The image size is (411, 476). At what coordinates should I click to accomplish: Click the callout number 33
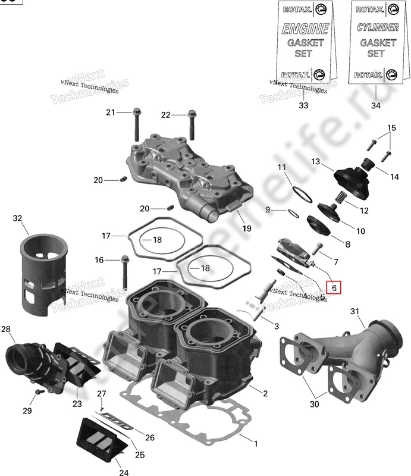click(304, 105)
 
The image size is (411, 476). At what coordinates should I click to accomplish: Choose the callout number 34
click(375, 105)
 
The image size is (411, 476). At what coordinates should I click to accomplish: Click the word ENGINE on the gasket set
click(305, 29)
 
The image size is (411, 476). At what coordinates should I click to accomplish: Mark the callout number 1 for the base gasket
click(256, 443)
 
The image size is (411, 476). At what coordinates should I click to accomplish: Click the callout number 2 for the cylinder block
click(265, 393)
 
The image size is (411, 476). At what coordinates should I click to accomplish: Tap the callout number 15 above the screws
click(375, 129)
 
